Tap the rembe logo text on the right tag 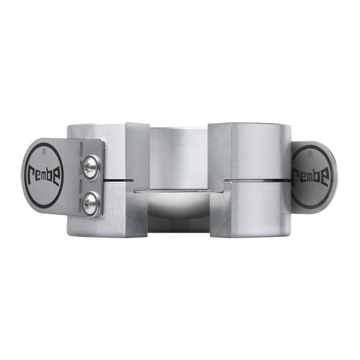point(310,175)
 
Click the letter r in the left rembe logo point(31,175)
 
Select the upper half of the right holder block point(252,150)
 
